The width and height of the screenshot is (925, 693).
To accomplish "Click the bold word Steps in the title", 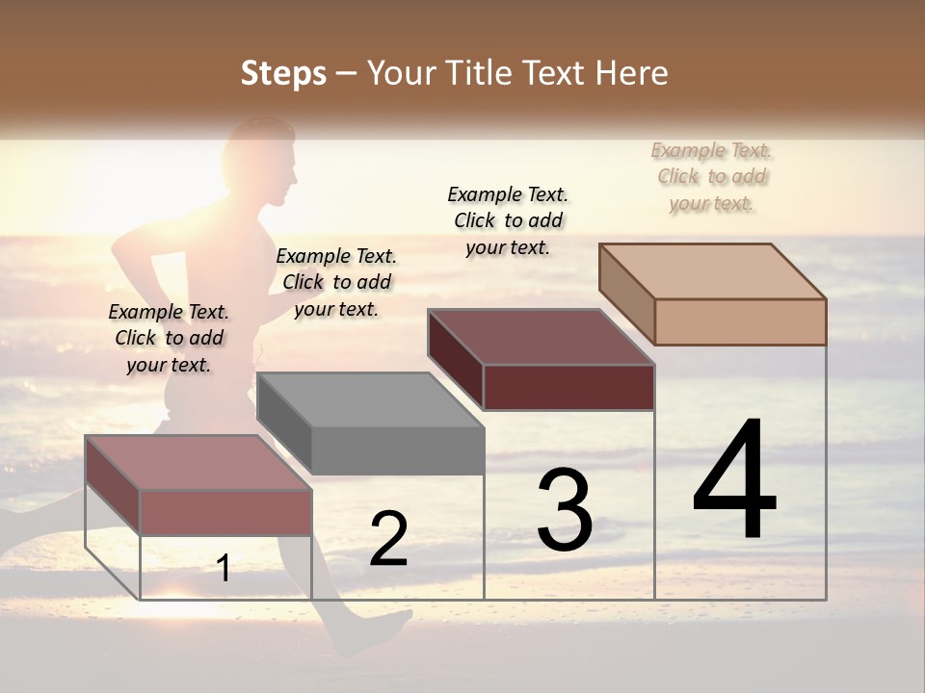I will pyautogui.click(x=283, y=73).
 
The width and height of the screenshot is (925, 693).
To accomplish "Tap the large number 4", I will pyautogui.click(x=734, y=480).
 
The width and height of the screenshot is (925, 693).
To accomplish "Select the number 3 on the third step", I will pyautogui.click(x=565, y=510).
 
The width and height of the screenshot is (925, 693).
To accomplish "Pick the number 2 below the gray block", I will pyautogui.click(x=388, y=539).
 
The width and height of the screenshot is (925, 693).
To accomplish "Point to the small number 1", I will pyautogui.click(x=224, y=568).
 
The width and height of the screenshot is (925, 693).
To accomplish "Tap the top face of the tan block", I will pyautogui.click(x=712, y=270).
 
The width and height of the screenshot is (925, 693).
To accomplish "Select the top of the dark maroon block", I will pyautogui.click(x=541, y=336).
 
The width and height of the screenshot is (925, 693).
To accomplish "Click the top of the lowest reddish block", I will pyautogui.click(x=198, y=463).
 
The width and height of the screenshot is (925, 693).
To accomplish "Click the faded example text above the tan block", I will pyautogui.click(x=712, y=177).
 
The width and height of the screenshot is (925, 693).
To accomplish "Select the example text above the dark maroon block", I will pyautogui.click(x=508, y=220).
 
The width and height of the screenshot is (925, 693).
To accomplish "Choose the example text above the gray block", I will pyautogui.click(x=336, y=282).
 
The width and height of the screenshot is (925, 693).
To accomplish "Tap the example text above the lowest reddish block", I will pyautogui.click(x=169, y=338).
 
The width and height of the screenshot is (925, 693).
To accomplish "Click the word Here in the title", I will pyautogui.click(x=632, y=73).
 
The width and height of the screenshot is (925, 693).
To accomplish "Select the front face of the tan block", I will pyautogui.click(x=740, y=321).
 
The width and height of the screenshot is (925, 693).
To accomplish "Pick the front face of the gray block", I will pyautogui.click(x=397, y=450).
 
